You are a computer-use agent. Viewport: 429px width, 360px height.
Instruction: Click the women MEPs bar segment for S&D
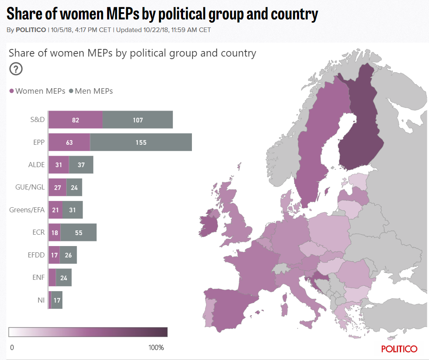tap(76, 120)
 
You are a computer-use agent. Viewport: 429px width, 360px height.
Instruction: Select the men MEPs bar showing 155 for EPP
tap(141, 143)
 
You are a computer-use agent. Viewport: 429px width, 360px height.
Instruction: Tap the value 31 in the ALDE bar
tap(59, 165)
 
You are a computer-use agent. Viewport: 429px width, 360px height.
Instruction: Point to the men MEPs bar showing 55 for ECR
tap(78, 233)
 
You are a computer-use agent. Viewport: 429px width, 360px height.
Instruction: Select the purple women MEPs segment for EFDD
tap(54, 255)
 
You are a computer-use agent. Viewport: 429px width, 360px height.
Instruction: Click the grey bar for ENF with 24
tap(64, 278)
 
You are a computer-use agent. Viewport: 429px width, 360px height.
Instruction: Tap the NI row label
tap(40, 300)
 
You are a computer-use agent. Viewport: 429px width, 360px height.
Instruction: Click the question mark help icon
tap(16, 69)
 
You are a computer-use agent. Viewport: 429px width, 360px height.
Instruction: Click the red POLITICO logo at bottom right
tap(399, 349)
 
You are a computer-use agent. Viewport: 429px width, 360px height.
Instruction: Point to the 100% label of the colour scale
tap(156, 347)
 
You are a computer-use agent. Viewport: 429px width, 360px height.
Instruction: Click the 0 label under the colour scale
tap(12, 347)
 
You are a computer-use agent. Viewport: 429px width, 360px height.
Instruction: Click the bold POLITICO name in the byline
tap(31, 30)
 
